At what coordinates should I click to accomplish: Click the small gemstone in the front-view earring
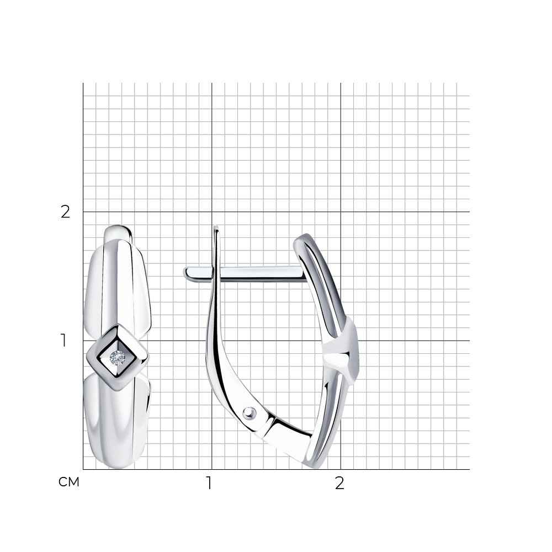tap(117, 358)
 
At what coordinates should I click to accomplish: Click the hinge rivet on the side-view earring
tap(249, 412)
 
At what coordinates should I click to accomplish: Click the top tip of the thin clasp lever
tap(216, 227)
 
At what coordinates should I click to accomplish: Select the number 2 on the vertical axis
tap(66, 211)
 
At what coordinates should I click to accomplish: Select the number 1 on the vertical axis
tap(63, 341)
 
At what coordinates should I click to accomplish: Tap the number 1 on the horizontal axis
tap(209, 483)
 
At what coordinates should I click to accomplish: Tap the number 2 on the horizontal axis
tap(339, 483)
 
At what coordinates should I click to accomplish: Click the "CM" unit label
tap(69, 482)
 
